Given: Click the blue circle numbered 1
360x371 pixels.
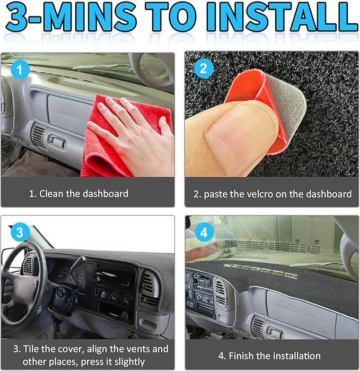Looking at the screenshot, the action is (x=20, y=70).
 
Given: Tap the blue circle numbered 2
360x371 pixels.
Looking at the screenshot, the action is (x=204, y=68).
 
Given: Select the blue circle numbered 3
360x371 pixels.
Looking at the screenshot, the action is (x=20, y=232).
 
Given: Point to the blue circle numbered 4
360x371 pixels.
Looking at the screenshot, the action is (x=204, y=232).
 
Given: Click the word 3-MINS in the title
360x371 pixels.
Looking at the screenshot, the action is (x=71, y=17).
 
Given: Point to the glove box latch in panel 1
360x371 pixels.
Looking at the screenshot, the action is (x=57, y=141).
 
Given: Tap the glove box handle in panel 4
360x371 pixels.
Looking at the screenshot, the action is (x=275, y=333).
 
